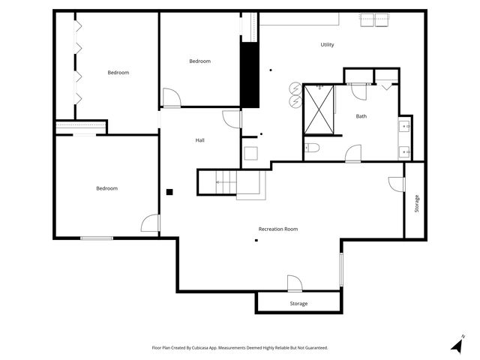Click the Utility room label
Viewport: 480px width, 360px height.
[x=327, y=45]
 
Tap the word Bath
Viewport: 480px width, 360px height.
[x=361, y=116]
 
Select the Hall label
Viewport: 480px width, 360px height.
[x=200, y=140]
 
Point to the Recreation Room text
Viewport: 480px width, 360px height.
[x=278, y=229]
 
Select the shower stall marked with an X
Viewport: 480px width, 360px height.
[x=319, y=109]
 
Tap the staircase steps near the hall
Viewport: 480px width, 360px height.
[x=226, y=181]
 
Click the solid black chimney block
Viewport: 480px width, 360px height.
[x=249, y=75]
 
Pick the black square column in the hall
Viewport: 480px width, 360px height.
[x=170, y=192]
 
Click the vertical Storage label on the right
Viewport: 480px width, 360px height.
[x=417, y=203]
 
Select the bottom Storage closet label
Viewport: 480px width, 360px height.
[x=298, y=304]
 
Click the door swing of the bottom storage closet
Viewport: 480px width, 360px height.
[x=294, y=283]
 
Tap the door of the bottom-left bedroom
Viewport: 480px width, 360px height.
[x=150, y=223]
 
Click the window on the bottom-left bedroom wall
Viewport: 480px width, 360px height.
[x=97, y=238]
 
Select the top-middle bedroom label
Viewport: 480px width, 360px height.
[x=199, y=61]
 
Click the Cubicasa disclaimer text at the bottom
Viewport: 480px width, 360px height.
[x=240, y=348]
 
